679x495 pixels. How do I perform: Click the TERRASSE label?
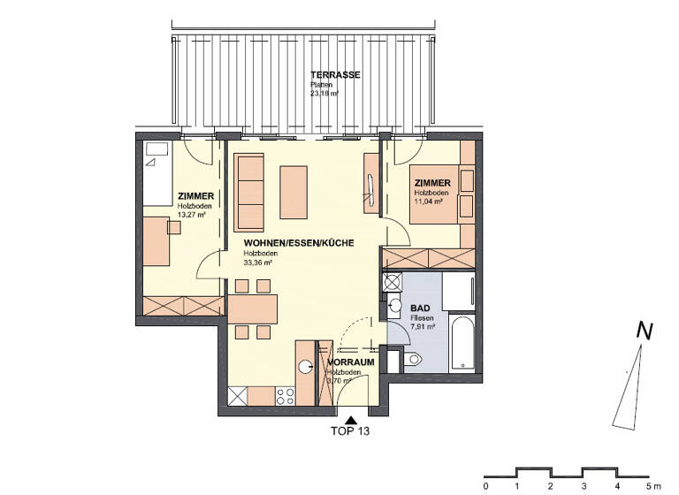click(x=334, y=75)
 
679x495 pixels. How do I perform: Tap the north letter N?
click(x=645, y=332)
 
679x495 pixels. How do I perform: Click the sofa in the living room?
click(x=251, y=192)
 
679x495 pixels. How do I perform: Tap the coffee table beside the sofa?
click(x=294, y=192)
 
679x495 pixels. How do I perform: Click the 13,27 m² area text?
click(x=191, y=214)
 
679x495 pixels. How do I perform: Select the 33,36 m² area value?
click(x=257, y=262)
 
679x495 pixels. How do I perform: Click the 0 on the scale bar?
click(x=484, y=484)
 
